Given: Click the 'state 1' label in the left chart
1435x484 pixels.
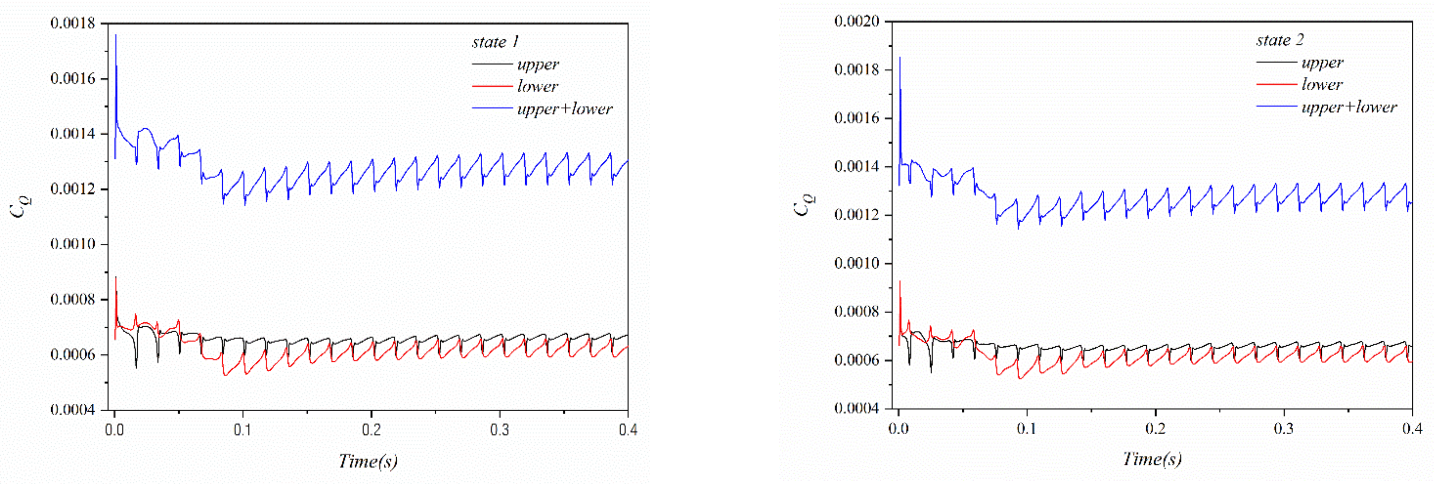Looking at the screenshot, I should point(495,42).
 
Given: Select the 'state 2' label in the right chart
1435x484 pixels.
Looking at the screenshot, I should point(1280,41).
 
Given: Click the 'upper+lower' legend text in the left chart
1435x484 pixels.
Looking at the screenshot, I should point(564,109).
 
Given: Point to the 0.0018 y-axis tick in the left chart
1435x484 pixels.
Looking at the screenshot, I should point(72,23).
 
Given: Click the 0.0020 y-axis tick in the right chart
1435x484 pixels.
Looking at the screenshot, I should point(857,22).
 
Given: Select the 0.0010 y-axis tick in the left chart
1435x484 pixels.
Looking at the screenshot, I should point(72,244).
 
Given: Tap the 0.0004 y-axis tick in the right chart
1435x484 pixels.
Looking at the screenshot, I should point(857,408).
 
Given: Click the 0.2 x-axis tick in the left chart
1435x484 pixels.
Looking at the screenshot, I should point(371,430).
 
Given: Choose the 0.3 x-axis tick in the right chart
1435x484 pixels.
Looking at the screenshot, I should point(1284,428).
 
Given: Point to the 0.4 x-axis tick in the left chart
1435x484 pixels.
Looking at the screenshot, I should point(628,430).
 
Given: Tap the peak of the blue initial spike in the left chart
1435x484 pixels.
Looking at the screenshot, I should point(116,35).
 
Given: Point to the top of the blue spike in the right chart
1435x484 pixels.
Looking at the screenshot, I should point(900,57).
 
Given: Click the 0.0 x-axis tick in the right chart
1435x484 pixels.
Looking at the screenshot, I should point(898,428).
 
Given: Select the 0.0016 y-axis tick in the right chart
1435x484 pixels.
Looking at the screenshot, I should point(857,118).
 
